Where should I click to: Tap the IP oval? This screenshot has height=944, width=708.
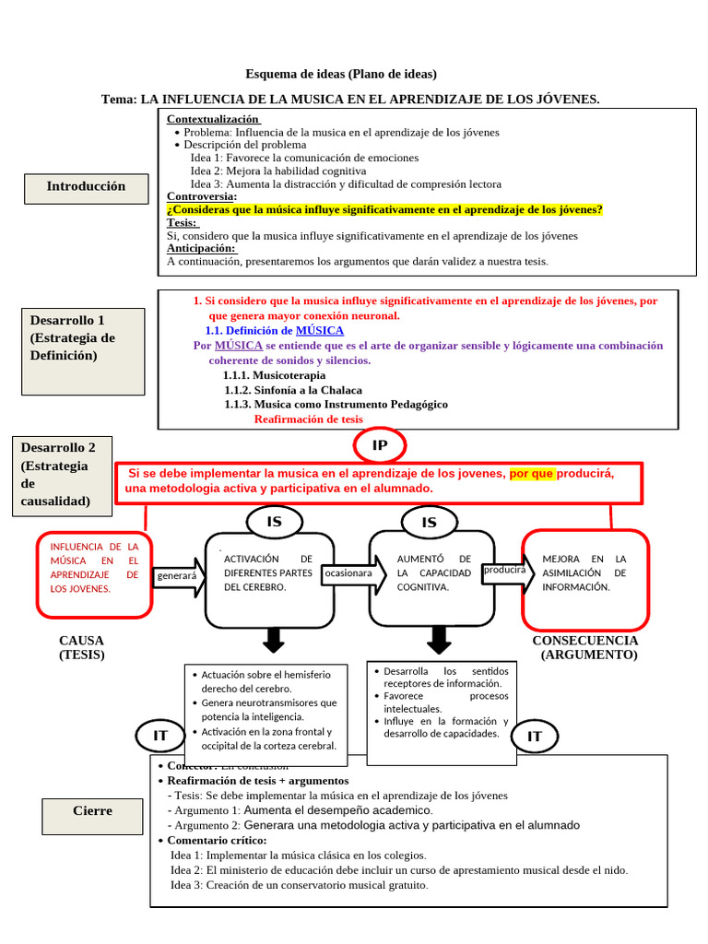pyautogui.click(x=379, y=446)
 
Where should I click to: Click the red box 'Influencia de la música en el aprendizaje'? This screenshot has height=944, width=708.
pyautogui.click(x=94, y=573)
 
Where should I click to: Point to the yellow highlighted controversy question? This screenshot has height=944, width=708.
pyautogui.click(x=384, y=209)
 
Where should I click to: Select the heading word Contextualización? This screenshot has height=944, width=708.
pyautogui.click(x=213, y=120)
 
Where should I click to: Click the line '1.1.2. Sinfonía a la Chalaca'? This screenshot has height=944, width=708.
pyautogui.click(x=293, y=390)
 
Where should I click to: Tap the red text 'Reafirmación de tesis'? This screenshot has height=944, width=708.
pyautogui.click(x=308, y=419)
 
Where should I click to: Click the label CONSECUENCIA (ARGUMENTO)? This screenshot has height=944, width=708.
pyautogui.click(x=585, y=647)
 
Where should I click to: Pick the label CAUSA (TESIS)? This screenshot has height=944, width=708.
pyautogui.click(x=81, y=647)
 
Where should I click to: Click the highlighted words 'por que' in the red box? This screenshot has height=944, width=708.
pyautogui.click(x=531, y=473)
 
